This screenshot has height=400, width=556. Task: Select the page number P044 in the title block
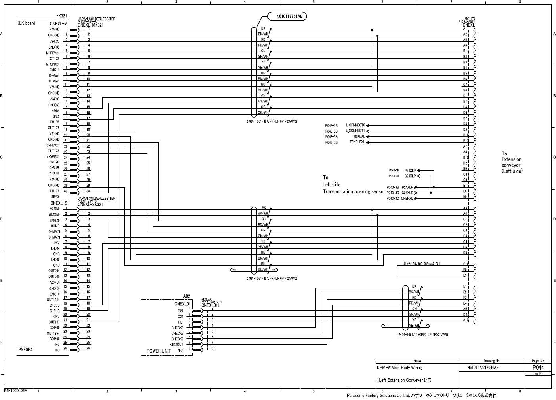point(538,368)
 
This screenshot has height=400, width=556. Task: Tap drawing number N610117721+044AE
point(483,368)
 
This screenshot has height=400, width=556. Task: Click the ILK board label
point(27,23)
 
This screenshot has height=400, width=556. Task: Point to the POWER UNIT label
point(159,351)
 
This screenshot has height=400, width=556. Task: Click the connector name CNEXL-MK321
point(90,25)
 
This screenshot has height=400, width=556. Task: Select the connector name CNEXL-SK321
point(90,205)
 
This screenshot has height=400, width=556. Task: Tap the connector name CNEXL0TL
point(211,305)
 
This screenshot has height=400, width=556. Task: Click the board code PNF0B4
point(25,350)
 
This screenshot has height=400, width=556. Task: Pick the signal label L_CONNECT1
point(355,131)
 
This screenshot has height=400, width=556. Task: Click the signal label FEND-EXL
point(357,142)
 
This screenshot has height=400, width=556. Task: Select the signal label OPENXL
point(407,199)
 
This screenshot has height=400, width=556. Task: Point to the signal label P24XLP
point(410,171)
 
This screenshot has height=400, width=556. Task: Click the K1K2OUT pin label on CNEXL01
point(176,345)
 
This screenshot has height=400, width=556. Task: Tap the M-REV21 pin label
point(52,53)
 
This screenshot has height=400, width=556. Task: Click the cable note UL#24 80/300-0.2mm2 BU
point(421,264)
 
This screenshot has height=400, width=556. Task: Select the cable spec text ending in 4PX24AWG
point(423,334)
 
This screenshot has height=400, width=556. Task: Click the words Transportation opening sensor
point(353,191)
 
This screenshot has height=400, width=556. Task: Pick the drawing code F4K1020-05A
point(15,390)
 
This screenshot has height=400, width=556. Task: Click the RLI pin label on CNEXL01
point(180,322)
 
